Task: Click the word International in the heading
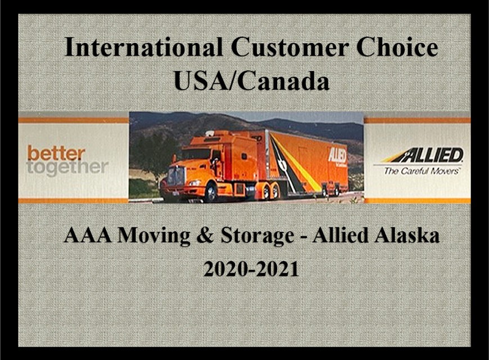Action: (143, 47)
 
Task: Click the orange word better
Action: (56, 152)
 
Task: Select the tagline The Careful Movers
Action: (422, 170)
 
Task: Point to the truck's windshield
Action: (197, 154)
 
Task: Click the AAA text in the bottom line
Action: (83, 235)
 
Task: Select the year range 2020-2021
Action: (251, 268)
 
